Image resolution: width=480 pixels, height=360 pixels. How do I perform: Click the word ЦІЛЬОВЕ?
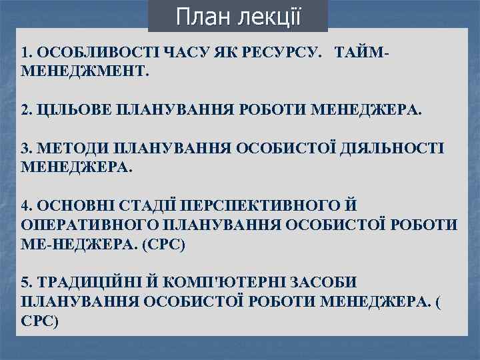point(75,109)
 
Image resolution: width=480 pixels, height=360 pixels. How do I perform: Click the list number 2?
point(25,109)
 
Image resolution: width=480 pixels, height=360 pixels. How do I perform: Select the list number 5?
point(25,282)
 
